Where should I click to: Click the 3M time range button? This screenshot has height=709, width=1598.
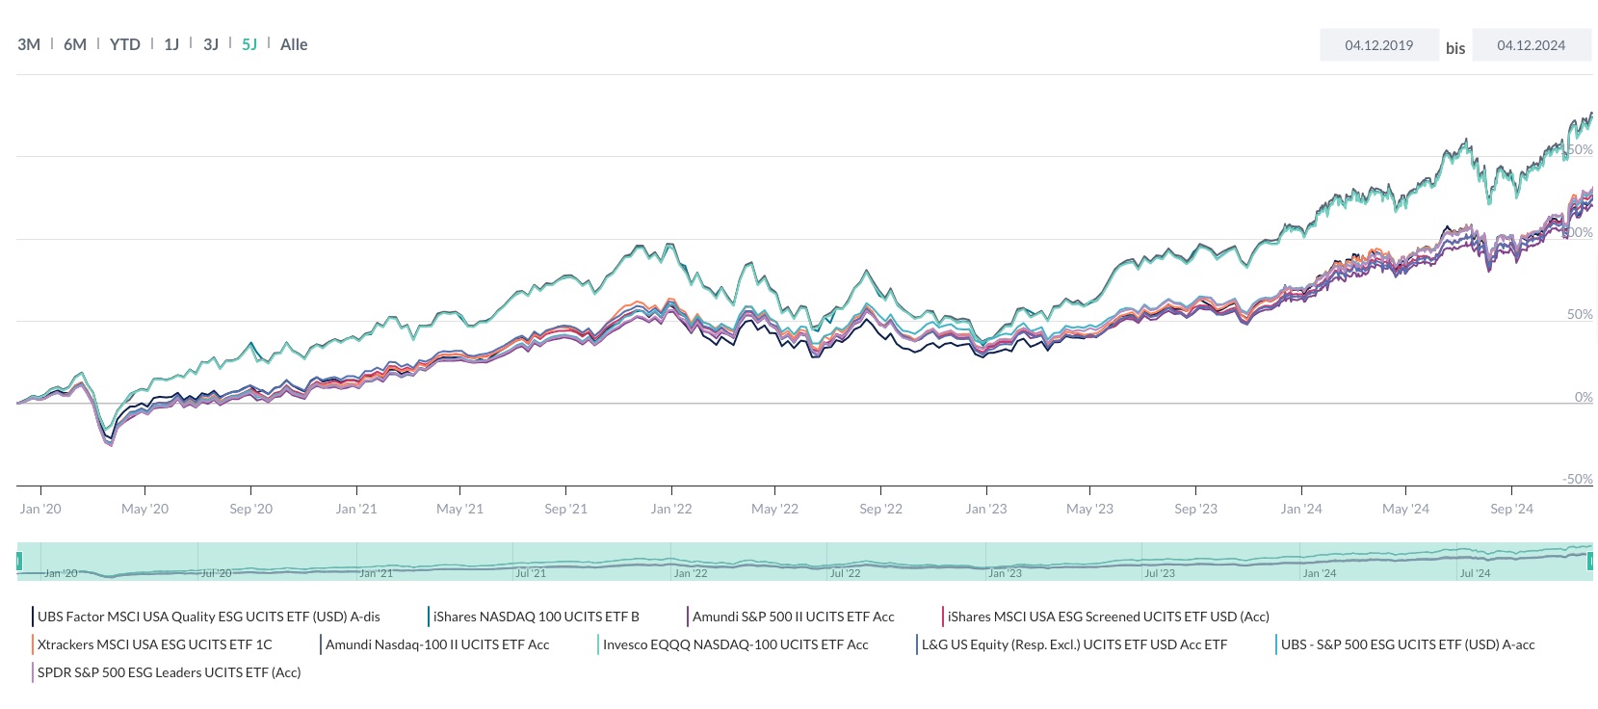(29, 44)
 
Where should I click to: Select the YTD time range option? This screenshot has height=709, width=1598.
(124, 44)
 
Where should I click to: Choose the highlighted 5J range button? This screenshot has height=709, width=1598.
(249, 44)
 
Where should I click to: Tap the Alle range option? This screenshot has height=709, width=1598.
(294, 44)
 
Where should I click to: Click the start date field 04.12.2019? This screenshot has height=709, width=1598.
(1378, 45)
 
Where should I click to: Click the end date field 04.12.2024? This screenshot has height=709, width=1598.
(1531, 45)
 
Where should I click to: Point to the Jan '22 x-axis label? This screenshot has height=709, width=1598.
(670, 509)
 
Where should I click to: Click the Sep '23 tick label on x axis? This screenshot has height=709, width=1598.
(1195, 509)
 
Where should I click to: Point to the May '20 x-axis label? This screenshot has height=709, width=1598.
(144, 509)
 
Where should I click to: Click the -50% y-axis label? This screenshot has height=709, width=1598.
(1577, 479)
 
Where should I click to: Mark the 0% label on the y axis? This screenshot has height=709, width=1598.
(1583, 397)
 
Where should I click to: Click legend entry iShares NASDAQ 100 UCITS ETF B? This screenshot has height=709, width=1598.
(536, 617)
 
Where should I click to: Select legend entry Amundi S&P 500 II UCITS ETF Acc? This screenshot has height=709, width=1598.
(793, 617)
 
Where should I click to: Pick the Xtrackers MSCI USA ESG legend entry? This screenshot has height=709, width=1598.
(154, 644)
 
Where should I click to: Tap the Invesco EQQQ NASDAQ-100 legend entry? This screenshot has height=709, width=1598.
(735, 644)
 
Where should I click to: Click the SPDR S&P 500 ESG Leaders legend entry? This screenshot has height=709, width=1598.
(169, 672)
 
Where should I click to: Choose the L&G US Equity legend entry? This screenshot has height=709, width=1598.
(1074, 644)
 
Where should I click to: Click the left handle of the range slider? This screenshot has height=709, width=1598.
(19, 561)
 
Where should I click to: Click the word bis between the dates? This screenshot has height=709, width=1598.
(1454, 48)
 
